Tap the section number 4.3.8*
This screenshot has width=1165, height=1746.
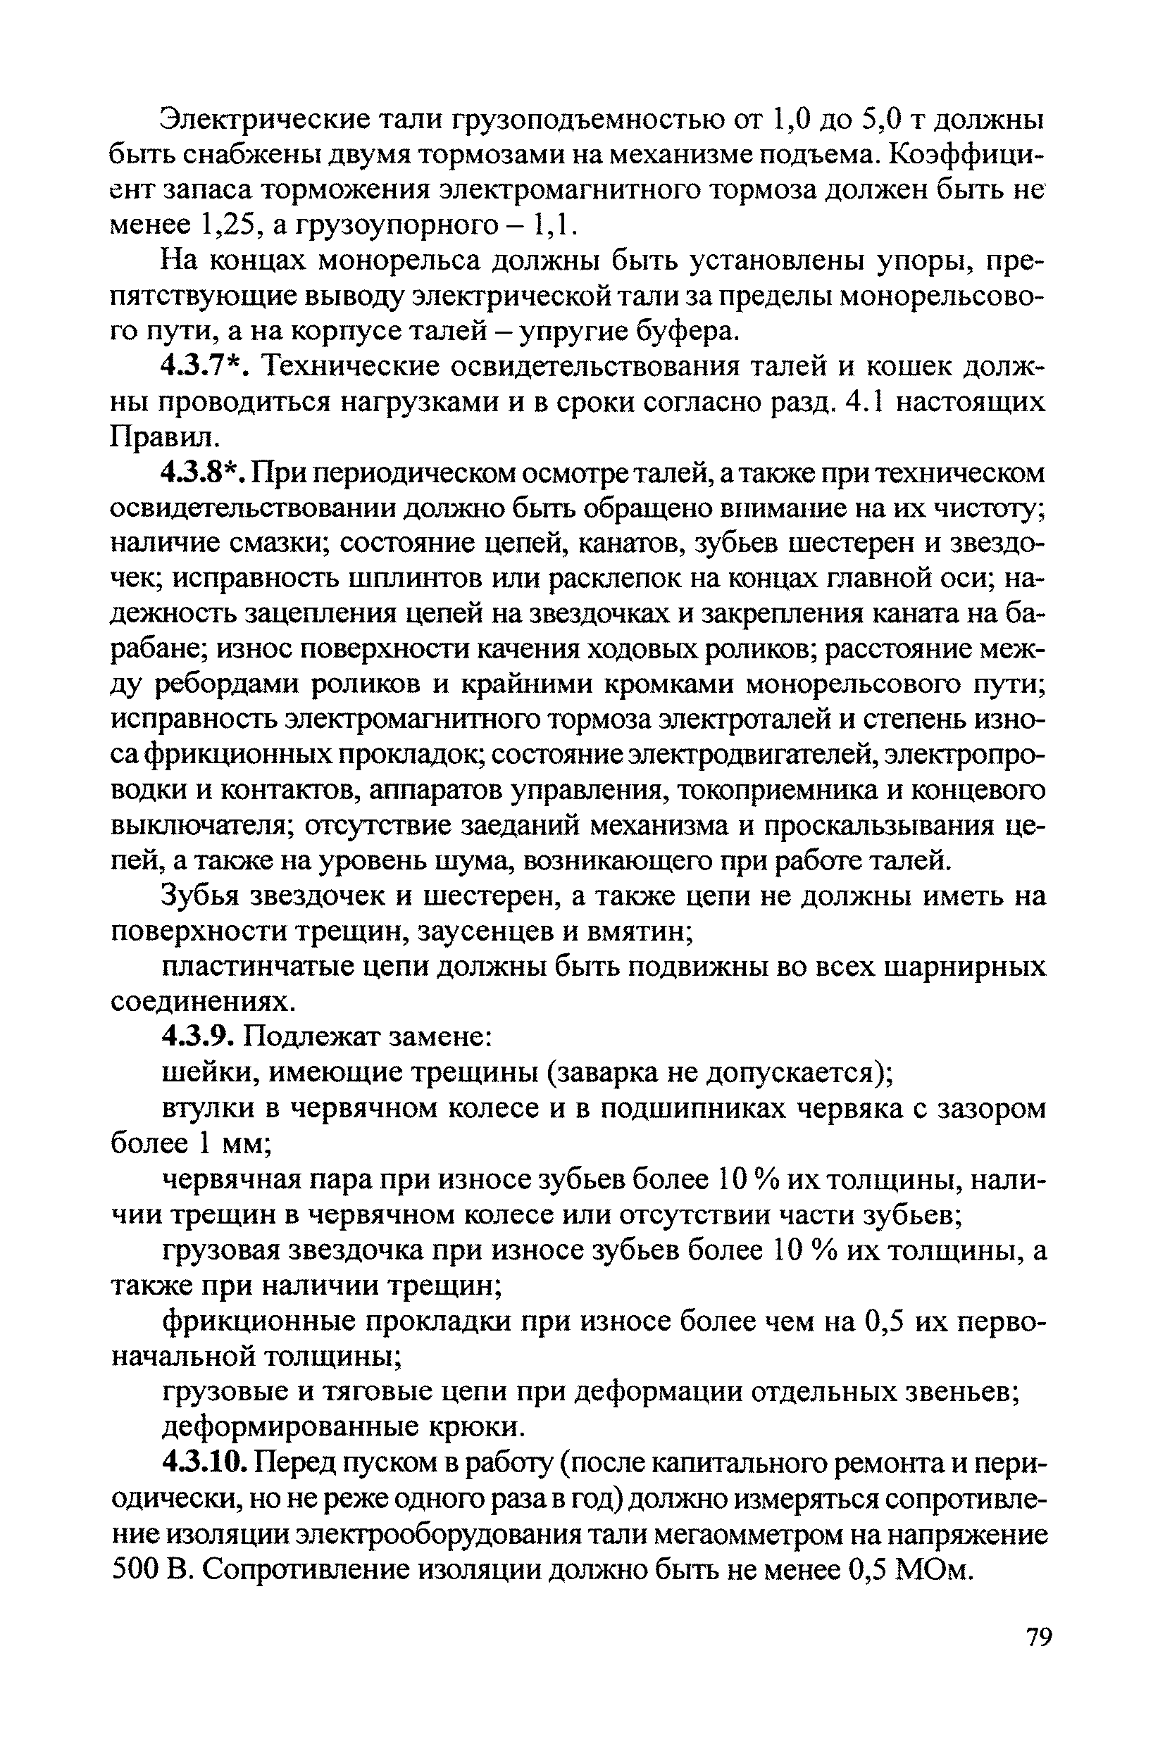pos(204,473)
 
